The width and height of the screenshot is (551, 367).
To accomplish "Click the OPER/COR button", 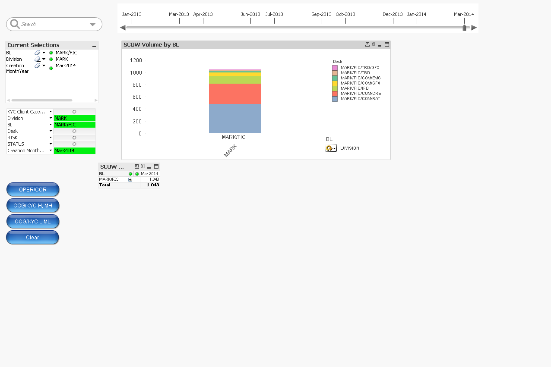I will coord(33,190).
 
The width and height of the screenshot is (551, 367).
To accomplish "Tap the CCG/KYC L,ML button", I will coord(33,222).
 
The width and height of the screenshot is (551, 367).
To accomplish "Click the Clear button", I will coord(32,238).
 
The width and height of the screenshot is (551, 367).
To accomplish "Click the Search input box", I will coord(52,24).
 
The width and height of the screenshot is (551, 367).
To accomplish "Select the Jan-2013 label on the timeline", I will coord(132,14).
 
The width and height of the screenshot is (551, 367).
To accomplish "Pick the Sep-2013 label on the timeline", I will coord(322,14).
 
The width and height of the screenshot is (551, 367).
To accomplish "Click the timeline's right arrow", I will coord(474,28).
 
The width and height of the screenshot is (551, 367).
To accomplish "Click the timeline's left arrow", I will coord(123,28).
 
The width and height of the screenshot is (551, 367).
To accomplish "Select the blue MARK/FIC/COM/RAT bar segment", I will coord(235,119).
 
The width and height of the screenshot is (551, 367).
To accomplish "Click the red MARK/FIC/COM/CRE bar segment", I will coord(235,94).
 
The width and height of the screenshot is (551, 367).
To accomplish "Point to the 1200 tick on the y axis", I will coord(136,60).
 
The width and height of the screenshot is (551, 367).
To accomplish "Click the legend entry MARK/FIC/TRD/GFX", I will coord(360,68).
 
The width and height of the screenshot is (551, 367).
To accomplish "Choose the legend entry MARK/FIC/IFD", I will coord(355,88).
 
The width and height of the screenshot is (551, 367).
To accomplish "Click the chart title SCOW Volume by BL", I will coord(151,44).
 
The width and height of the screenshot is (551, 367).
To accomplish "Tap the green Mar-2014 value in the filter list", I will coord(74,151).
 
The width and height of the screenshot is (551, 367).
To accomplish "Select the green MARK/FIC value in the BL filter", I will coord(74,125).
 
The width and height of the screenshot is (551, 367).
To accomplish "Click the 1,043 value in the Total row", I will coord(153,185).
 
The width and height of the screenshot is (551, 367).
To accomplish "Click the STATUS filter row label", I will coord(16,144).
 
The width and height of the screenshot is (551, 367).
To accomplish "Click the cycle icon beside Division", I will coord(330,148).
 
